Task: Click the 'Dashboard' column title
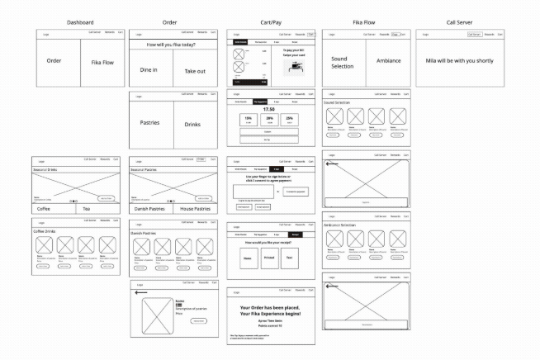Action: [x=80, y=22]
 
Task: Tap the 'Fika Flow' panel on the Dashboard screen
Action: [x=102, y=62]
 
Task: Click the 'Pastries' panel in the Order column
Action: [x=149, y=123]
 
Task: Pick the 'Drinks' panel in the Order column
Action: [x=192, y=124]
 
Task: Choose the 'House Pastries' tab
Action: [x=194, y=209]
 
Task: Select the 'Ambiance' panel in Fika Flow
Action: [x=388, y=61]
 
